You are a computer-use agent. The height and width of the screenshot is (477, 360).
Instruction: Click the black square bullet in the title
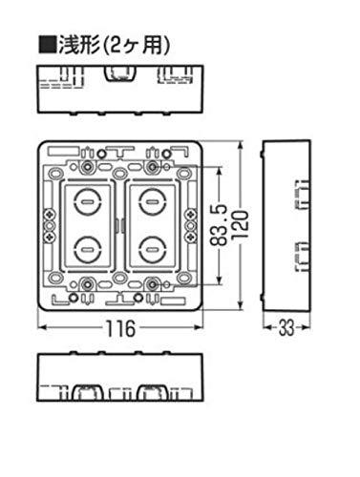[x=48, y=45]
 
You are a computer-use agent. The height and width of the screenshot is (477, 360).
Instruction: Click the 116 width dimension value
[x=120, y=329]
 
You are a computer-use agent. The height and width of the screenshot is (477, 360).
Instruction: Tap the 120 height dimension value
[x=243, y=225]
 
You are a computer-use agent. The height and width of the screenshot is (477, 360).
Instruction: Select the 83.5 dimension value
[x=219, y=225]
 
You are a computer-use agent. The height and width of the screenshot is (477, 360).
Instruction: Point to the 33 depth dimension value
[x=286, y=328]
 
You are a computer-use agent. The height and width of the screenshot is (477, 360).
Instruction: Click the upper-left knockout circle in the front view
[x=87, y=201]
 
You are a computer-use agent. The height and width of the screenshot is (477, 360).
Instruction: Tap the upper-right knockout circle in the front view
[x=153, y=201]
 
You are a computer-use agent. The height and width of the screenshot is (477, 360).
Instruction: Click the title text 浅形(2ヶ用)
[x=114, y=45]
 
